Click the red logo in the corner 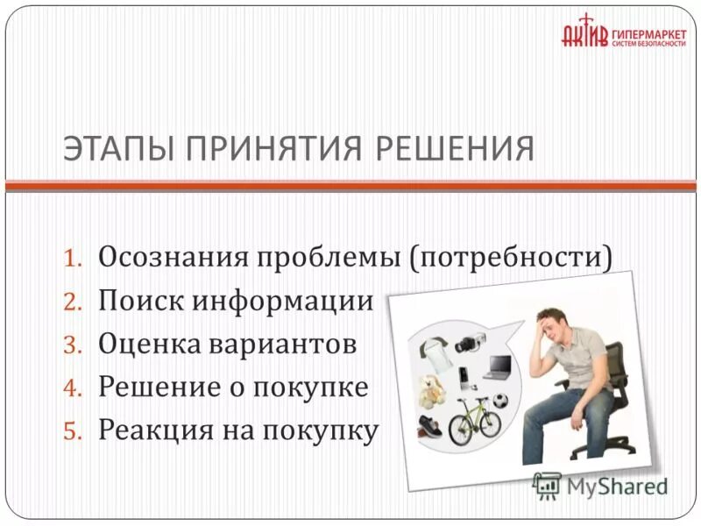coord(583,32)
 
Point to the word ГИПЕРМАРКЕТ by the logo coord(648,28)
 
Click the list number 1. coord(74,259)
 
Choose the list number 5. coord(74,431)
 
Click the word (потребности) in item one coord(508,258)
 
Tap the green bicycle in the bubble coord(474,420)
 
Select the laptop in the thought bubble coord(499,365)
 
